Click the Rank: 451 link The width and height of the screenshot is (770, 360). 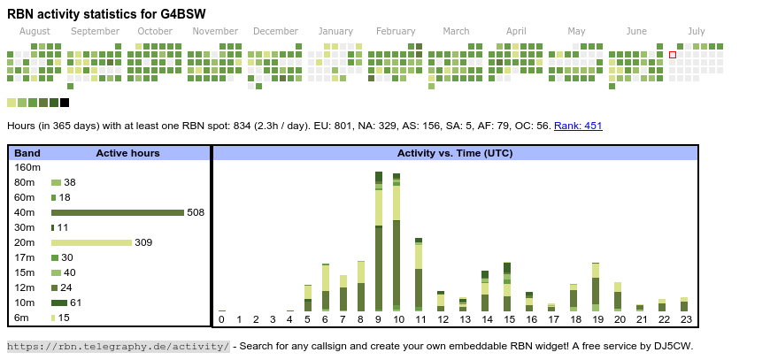click(578, 126)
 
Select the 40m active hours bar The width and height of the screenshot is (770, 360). click(117, 212)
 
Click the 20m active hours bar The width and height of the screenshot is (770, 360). click(91, 242)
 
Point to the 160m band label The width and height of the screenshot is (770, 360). click(27, 167)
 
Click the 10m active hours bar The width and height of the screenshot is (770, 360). click(59, 303)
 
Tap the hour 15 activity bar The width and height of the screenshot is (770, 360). click(507, 287)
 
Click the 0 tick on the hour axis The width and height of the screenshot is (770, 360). click(221, 319)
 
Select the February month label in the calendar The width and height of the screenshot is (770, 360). click(396, 31)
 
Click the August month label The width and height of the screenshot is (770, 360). click(35, 31)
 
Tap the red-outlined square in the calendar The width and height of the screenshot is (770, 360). click(673, 55)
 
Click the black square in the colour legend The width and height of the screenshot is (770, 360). click(65, 103)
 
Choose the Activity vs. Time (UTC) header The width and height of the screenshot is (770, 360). click(455, 153)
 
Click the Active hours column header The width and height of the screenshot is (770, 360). click(127, 153)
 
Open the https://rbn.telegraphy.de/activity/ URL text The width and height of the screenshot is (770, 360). click(118, 346)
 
